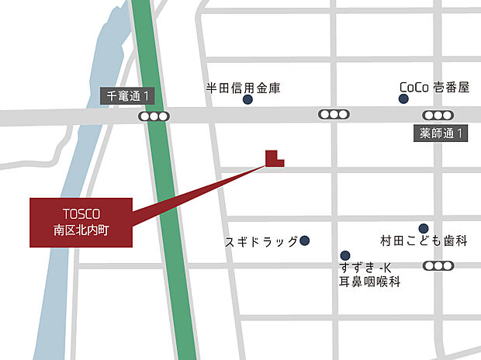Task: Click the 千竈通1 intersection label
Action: point(128,96)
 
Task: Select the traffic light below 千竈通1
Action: point(154,116)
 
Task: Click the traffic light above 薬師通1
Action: point(437,115)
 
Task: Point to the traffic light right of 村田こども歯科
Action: point(438,266)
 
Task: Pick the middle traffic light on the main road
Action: point(334,115)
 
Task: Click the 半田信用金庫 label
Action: point(243,88)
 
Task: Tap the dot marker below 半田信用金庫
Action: point(247,99)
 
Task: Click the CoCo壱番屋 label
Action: point(434,88)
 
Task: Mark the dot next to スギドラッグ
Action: point(305,241)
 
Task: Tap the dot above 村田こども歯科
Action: point(423,228)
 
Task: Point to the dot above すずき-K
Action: point(344,255)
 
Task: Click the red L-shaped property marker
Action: point(272,159)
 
